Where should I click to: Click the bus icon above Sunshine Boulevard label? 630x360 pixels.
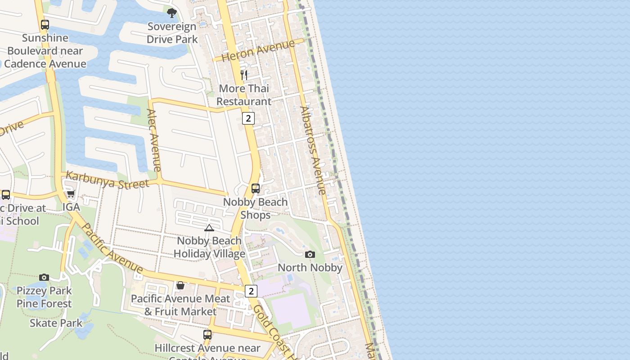click(x=45, y=25)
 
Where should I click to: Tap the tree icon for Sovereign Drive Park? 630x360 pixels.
click(x=171, y=13)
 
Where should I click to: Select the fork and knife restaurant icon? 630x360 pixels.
click(x=244, y=75)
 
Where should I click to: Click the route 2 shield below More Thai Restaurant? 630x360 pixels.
click(x=248, y=118)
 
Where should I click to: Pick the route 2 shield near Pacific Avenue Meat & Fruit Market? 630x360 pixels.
click(x=251, y=291)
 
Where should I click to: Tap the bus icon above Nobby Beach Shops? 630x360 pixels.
click(x=256, y=189)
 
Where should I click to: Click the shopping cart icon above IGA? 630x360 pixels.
click(x=71, y=194)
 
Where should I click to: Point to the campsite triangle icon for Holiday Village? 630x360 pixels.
click(x=209, y=228)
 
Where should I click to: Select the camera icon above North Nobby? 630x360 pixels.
click(x=310, y=255)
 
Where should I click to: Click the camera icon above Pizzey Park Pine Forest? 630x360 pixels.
click(x=44, y=277)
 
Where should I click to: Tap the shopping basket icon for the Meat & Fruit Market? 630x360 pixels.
click(x=180, y=285)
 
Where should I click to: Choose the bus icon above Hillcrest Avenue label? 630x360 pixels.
click(x=207, y=335)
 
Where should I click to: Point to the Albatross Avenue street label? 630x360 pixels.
click(x=313, y=150)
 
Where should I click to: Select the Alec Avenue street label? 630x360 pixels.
click(x=154, y=140)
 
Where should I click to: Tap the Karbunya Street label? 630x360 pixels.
click(x=107, y=180)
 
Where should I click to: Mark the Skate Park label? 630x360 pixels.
click(x=56, y=323)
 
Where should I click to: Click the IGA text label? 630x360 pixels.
click(x=71, y=207)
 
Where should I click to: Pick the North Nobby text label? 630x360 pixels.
click(x=310, y=268)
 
